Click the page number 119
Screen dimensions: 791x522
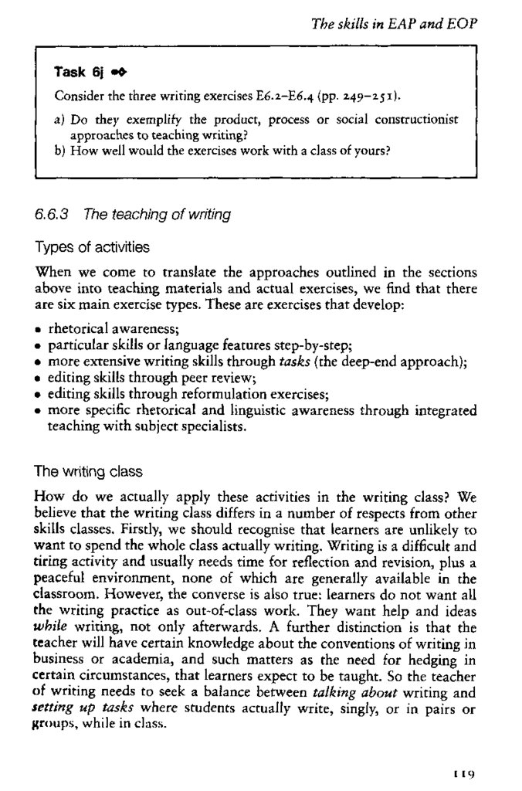463,772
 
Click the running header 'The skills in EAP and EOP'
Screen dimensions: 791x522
394,24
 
